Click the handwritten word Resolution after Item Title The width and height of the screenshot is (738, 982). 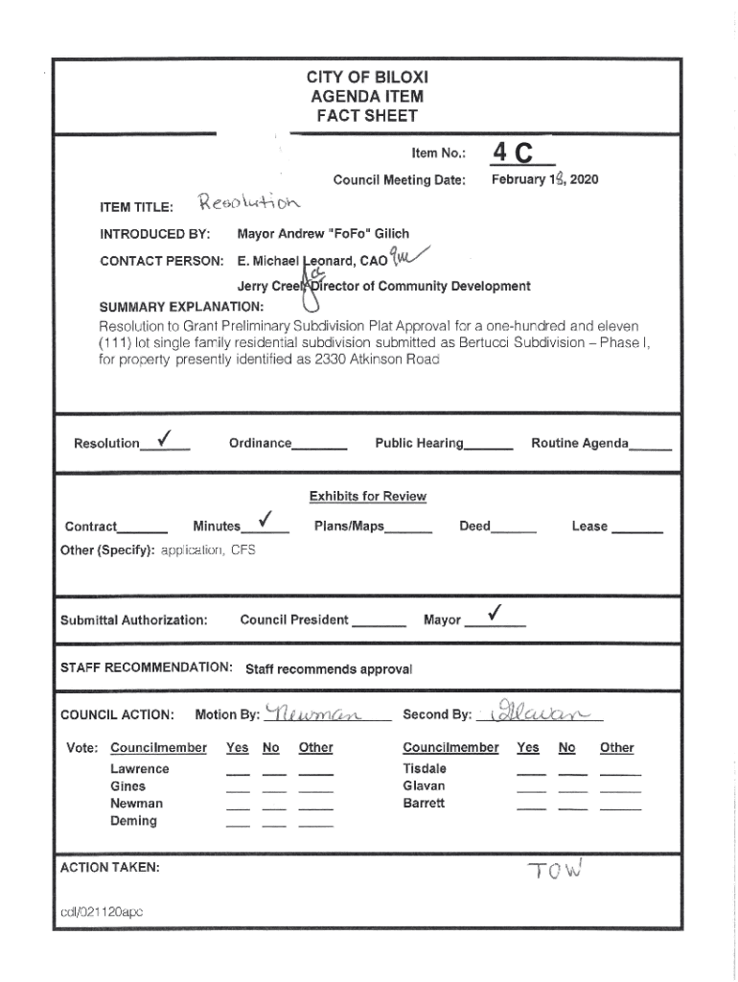(248, 203)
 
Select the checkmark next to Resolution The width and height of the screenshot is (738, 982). (165, 439)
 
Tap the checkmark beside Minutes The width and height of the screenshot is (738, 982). (266, 522)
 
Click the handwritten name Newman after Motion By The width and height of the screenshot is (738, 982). (311, 713)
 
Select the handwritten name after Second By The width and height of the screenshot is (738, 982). (544, 712)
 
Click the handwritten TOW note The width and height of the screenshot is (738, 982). (554, 870)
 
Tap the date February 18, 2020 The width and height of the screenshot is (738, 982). (544, 179)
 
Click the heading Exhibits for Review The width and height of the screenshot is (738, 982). (367, 496)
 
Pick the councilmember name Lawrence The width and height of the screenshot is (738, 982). (139, 769)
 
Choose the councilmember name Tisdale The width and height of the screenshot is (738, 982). (425, 769)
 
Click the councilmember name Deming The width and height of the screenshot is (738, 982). (133, 821)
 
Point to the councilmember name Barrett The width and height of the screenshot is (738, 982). (424, 804)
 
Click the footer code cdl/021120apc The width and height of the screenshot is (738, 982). (101, 913)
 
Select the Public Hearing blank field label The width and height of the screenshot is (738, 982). (419, 443)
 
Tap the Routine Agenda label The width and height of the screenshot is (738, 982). (580, 443)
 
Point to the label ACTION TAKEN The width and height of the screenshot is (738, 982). (109, 867)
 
